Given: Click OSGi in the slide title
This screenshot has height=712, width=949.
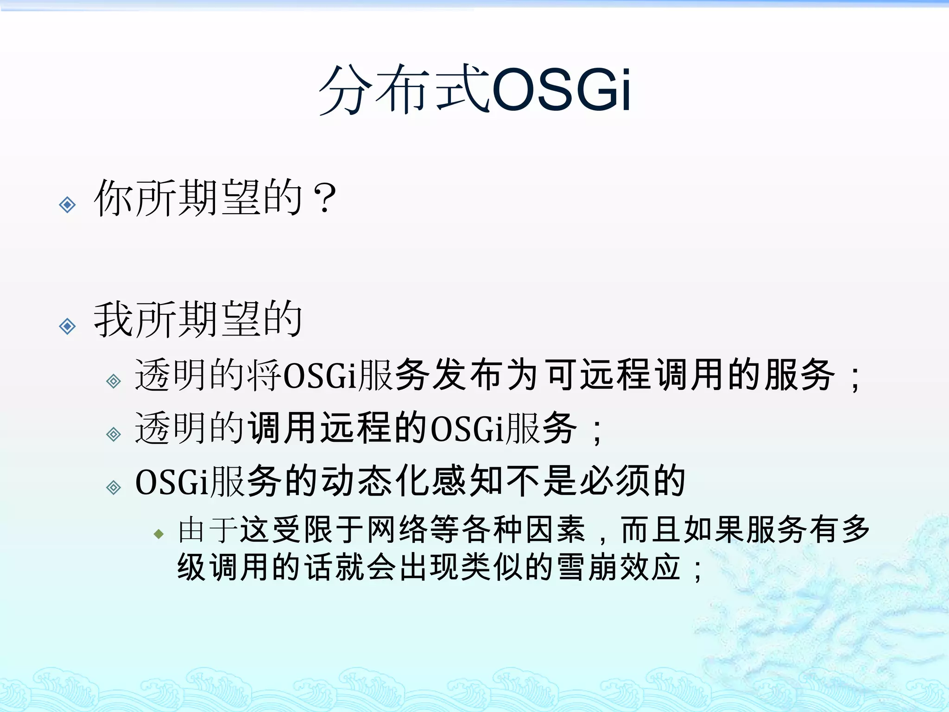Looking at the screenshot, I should pyautogui.click(x=561, y=89).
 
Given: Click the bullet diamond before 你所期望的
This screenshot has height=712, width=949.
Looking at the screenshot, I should pyautogui.click(x=68, y=204).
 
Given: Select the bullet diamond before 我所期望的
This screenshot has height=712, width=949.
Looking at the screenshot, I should pyautogui.click(x=68, y=327).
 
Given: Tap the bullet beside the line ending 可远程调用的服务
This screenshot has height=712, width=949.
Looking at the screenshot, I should pyautogui.click(x=114, y=381).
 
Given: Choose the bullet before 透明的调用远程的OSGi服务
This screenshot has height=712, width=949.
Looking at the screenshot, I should pyautogui.click(x=114, y=434).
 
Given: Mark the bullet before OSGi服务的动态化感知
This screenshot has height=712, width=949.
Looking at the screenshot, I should pyautogui.click(x=114, y=488).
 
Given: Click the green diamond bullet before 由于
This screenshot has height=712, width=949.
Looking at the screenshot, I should pyautogui.click(x=159, y=534).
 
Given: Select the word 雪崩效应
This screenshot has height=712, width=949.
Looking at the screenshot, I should pyautogui.click(x=619, y=567).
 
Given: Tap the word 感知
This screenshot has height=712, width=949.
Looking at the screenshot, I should pyautogui.click(x=468, y=481).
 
